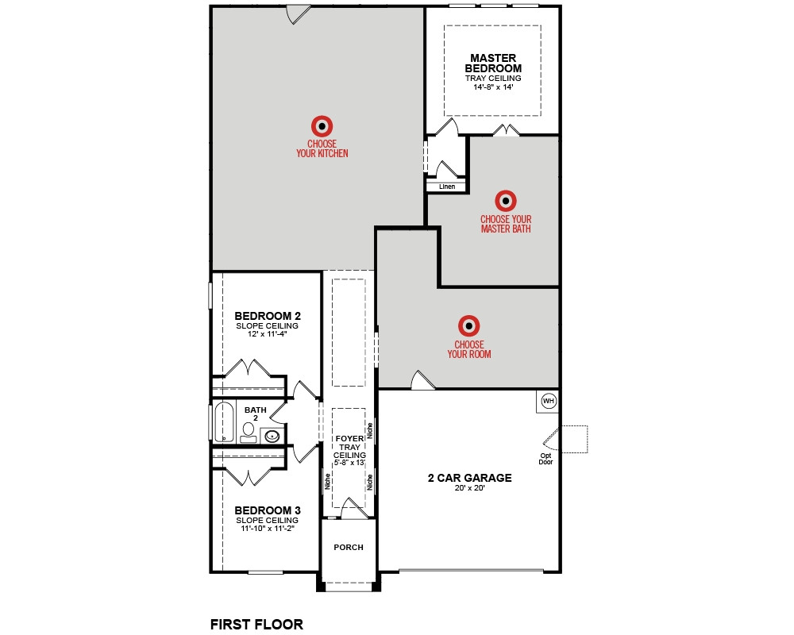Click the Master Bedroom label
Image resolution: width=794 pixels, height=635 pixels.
[x=493, y=63]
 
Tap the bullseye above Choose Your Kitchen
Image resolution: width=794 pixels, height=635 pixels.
[x=322, y=126]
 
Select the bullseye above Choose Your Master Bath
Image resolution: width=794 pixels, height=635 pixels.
[x=505, y=201]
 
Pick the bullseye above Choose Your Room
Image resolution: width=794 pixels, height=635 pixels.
[x=469, y=326]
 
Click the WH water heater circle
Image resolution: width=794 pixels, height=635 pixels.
[x=549, y=401]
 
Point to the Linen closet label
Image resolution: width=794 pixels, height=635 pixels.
[x=447, y=187]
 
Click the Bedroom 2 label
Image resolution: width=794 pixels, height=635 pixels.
[x=268, y=316]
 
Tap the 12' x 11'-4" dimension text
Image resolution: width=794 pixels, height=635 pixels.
[x=268, y=333]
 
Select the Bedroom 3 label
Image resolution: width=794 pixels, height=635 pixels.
[x=268, y=510]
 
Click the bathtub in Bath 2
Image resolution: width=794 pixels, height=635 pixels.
[x=223, y=421]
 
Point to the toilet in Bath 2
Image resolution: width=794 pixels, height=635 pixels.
[x=248, y=432]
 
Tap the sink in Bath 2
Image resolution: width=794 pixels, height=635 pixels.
[x=272, y=436]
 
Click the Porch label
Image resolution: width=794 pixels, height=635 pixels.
[x=349, y=548]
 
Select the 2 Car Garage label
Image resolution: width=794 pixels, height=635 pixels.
[x=470, y=478]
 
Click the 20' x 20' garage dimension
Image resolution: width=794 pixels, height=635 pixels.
[x=470, y=488]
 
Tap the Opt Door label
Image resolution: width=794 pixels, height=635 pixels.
[x=546, y=459]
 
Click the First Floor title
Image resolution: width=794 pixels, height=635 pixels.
[x=256, y=625]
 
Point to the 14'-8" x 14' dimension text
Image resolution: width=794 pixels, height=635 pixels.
[x=493, y=87]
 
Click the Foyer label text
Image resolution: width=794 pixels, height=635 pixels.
[x=349, y=438]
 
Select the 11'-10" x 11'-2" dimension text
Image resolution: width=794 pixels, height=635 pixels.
[x=268, y=528]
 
